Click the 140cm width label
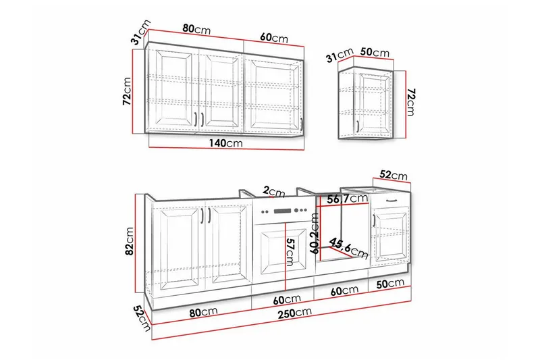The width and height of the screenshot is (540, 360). (225, 143)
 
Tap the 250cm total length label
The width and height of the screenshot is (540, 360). (295, 313)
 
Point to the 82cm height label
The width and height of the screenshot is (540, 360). (129, 241)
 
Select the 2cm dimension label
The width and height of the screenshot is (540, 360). (274, 192)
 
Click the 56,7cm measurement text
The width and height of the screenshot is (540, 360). (347, 199)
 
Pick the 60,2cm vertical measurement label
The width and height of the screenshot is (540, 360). (315, 233)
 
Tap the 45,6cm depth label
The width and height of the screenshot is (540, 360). (348, 248)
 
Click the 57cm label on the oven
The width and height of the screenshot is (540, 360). (290, 252)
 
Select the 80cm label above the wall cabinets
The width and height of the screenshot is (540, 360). (196, 29)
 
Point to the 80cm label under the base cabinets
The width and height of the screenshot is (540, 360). (203, 312)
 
